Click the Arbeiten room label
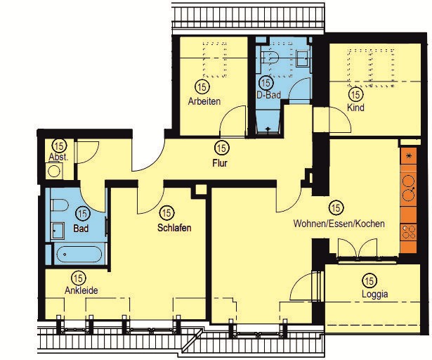coord(204,101)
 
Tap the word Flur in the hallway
coord(220,163)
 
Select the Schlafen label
coord(174,228)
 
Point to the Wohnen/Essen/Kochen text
coord(339,224)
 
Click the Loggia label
coord(374,294)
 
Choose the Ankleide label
coord(81,290)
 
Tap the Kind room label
coord(355,108)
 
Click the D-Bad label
coord(268,95)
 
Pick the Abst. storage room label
coord(58,157)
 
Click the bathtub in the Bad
coord(79,254)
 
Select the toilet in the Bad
coord(60,205)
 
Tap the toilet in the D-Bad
coord(270,58)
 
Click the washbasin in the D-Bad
coord(303,58)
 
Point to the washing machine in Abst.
coord(54,172)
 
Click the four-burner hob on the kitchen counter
coord(409,232)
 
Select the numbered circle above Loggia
coord(369,281)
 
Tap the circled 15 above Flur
coord(222,148)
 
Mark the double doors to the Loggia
coord(358,248)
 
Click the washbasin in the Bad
coord(58,231)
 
